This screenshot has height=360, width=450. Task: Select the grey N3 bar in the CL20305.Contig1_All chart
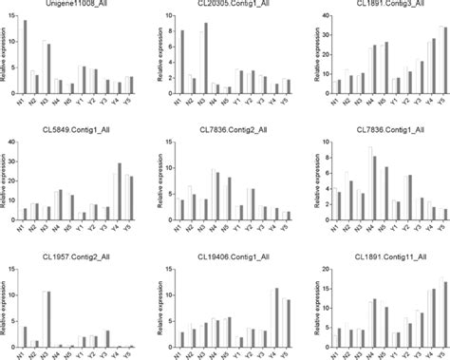click(206, 58)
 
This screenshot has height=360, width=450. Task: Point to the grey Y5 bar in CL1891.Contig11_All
click(444, 313)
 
